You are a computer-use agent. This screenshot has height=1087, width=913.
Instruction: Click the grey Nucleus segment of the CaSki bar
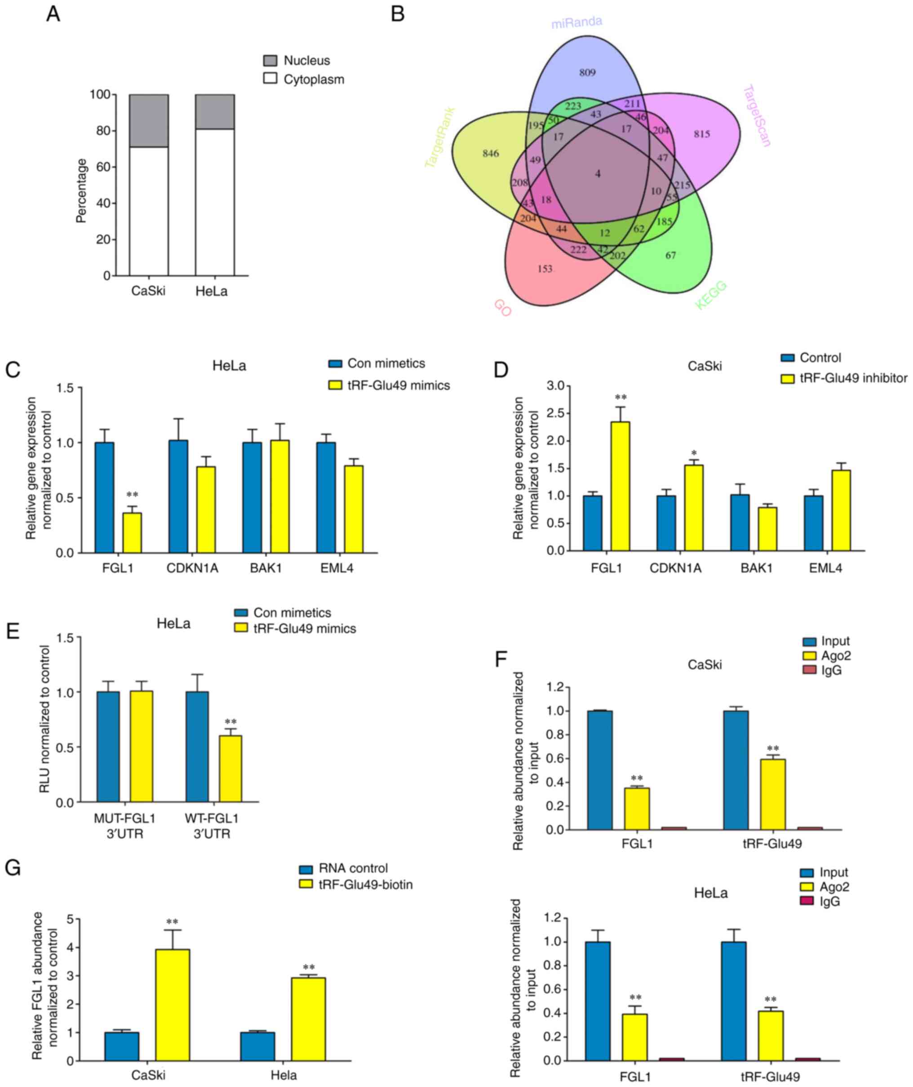coord(149,121)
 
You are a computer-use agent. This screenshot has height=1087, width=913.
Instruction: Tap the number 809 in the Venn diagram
coord(587,72)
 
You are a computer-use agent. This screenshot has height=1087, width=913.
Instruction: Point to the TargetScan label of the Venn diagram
coord(757,116)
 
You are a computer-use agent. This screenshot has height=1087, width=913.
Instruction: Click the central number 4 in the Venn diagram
coord(598,174)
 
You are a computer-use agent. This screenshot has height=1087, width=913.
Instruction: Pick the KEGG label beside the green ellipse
coord(711,295)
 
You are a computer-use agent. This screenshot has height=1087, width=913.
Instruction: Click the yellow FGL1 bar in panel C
coord(132,533)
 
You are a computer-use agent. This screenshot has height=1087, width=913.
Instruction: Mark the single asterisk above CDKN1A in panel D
coord(694,454)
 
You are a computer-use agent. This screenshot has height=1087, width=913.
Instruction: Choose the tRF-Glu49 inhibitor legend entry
coord(853,378)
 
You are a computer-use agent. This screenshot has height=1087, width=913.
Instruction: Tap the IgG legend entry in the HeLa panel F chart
coord(829,901)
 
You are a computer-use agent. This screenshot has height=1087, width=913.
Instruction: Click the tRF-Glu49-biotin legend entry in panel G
coord(366,884)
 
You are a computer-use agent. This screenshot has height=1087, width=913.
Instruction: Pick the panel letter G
coord(13,868)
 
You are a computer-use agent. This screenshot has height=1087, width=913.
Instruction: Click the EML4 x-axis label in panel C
coord(337,568)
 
